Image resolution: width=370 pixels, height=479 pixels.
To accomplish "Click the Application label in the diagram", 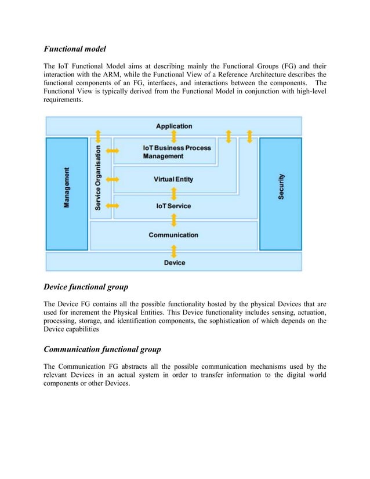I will [174, 126].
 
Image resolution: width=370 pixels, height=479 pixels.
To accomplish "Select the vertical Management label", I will [67, 188].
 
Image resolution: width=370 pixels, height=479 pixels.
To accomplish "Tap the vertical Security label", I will [281, 187].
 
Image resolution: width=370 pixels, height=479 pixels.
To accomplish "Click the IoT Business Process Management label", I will [176, 152].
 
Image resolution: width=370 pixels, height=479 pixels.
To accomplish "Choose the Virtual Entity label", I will [173, 179].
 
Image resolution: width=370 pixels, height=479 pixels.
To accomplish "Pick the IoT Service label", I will [173, 206].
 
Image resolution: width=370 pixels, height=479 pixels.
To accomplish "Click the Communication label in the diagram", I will [173, 235].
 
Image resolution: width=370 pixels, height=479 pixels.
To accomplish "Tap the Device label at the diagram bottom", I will [174, 262].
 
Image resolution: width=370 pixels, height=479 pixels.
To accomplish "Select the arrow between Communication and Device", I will [174, 251].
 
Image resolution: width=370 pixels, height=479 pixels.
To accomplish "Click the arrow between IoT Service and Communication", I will [174, 220].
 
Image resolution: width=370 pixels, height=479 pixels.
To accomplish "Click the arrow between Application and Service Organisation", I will [98, 137].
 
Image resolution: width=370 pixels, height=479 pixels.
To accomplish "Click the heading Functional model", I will [75, 49].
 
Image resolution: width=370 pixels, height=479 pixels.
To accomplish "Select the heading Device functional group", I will [86, 286].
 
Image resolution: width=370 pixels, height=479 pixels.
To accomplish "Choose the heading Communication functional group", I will [102, 349].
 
